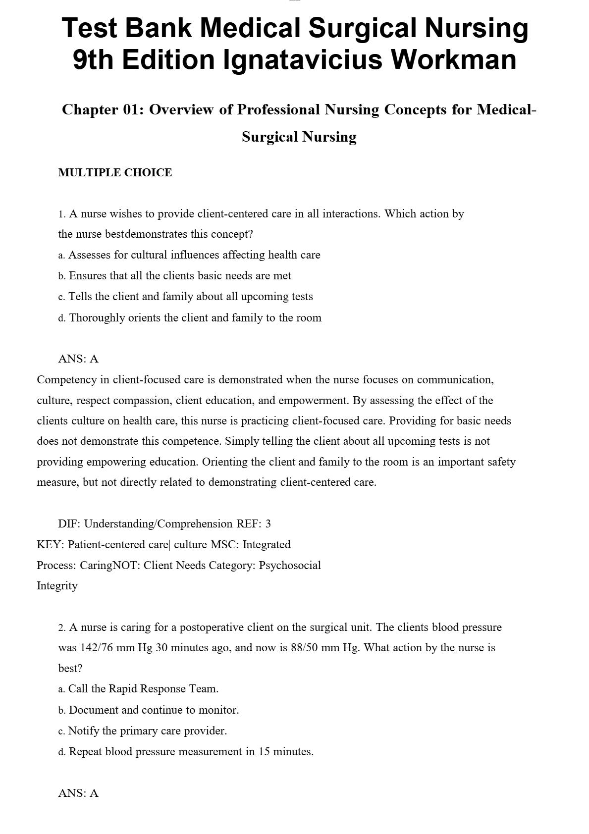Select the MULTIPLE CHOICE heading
click(x=115, y=173)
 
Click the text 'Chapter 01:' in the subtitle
click(x=103, y=110)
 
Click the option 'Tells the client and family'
click(x=185, y=297)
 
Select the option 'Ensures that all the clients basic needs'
click(x=174, y=276)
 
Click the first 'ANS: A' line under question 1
click(x=78, y=359)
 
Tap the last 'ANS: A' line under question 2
click(x=78, y=793)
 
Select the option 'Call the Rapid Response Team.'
click(x=138, y=689)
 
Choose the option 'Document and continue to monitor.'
click(x=149, y=710)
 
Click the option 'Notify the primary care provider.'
click(x=143, y=731)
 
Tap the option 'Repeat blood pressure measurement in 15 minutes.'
click(x=186, y=752)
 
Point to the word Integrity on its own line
click(x=57, y=586)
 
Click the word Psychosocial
click(x=290, y=566)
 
